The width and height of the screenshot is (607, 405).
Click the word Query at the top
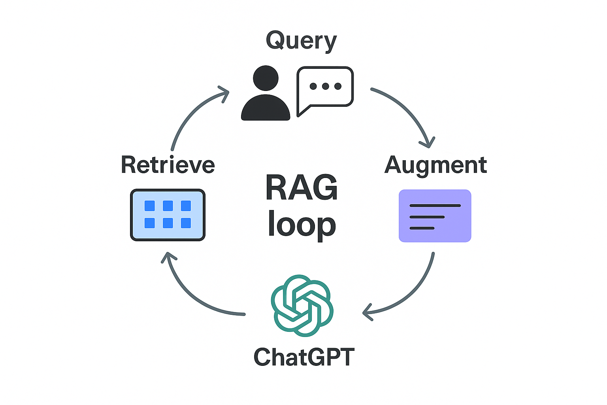pos(301,40)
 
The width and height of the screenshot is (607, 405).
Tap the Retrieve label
pos(168,165)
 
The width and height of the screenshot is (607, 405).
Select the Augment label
pos(435,165)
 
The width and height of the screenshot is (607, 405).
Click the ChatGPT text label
pos(304,357)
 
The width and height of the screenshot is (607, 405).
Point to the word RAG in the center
pos(302,187)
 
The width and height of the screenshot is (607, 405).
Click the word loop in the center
pos(302,225)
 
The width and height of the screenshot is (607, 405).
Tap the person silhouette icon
pos(266,95)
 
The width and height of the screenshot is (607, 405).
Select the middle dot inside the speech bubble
pos(325,86)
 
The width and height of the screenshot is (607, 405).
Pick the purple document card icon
pos(435,216)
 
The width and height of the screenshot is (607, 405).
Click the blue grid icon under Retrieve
pos(168,215)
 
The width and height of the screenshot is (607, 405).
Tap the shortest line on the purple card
pos(422,228)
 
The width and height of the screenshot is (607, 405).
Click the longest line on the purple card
pos(435,206)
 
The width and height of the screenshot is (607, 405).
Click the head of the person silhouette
pos(266,78)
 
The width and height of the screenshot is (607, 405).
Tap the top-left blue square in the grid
pos(150,206)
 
